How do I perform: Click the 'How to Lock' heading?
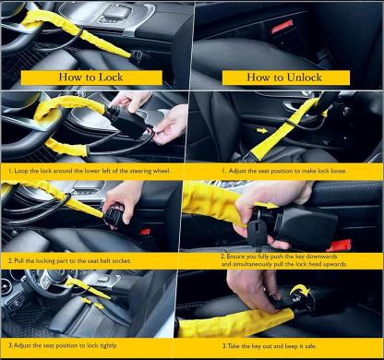tap(95, 78)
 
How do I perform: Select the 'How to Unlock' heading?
tap(285, 78)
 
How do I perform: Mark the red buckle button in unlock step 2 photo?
tap(341, 245)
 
